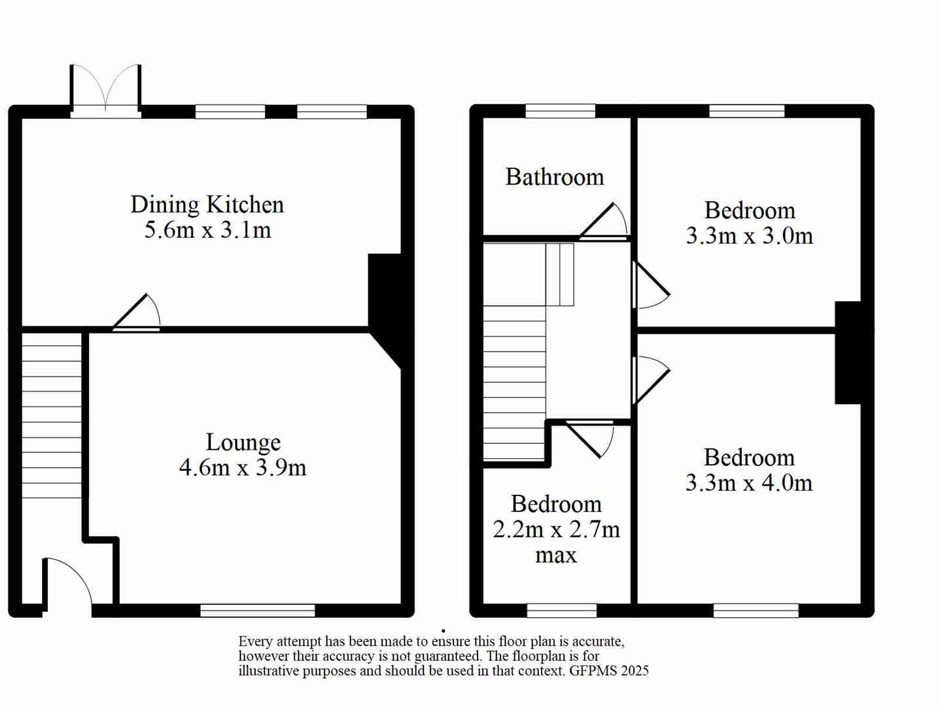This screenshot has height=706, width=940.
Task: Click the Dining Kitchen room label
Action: [x=207, y=205]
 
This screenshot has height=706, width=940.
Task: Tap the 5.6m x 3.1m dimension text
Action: [x=207, y=230]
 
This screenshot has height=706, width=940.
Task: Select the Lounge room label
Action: [x=243, y=443]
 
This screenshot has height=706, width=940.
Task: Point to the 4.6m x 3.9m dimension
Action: [x=243, y=468]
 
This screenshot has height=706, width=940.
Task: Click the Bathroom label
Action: [x=555, y=177]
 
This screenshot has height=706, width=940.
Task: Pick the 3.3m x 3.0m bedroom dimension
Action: [x=750, y=236]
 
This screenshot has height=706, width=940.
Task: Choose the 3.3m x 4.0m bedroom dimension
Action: [x=749, y=483]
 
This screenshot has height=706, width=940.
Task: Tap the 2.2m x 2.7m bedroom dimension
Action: [x=556, y=529]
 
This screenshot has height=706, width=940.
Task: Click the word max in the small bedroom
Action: [x=556, y=555]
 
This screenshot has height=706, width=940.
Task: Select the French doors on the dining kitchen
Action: [x=105, y=92]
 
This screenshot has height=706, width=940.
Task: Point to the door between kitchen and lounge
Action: [x=138, y=314]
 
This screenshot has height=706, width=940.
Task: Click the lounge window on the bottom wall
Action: [x=257, y=611]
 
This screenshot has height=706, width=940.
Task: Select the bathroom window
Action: [x=561, y=111]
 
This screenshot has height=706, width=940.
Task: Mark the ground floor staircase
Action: [x=52, y=415]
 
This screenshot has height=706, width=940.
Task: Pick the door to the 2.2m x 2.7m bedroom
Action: [x=590, y=438]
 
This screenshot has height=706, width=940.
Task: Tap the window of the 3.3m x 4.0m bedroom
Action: [x=756, y=611]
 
